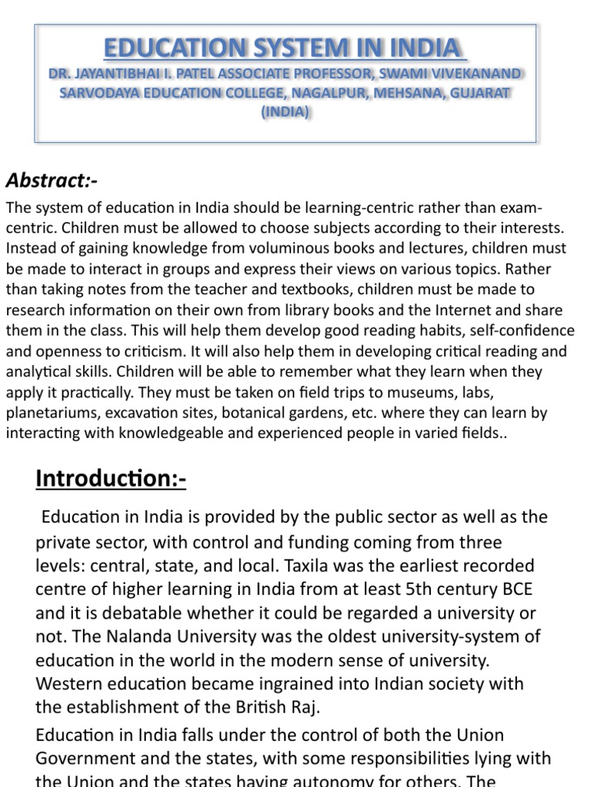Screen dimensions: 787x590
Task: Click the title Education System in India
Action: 284,48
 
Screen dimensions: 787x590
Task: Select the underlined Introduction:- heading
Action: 111,479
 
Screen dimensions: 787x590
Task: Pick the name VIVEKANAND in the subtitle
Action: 475,74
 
